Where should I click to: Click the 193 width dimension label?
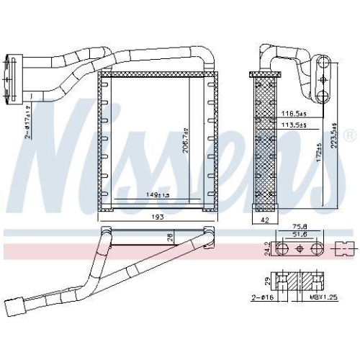point(158,217)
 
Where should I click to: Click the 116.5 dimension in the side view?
point(294,114)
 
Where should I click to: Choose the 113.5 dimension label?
point(294,125)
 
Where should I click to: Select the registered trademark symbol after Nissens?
point(350,135)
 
